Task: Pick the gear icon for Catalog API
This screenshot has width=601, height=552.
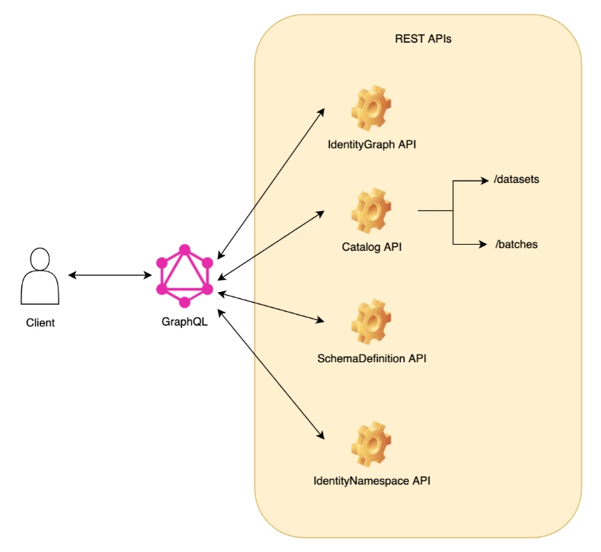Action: (371, 210)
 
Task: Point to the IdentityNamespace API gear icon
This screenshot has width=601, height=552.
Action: (371, 445)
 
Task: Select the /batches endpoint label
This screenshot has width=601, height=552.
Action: (516, 245)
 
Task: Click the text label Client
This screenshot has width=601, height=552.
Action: (40, 323)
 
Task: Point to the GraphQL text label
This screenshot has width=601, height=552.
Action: (184, 321)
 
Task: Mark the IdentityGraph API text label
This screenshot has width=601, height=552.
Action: (371, 144)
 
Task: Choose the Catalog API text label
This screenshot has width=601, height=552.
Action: (371, 247)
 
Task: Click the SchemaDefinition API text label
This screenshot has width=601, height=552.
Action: (371, 358)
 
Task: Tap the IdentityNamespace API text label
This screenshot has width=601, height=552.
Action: (376, 481)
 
